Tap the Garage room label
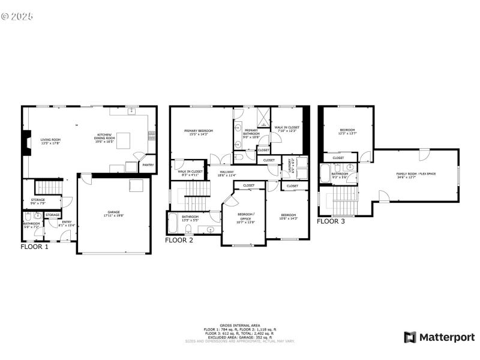coord(113,214)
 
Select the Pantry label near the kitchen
coord(148,165)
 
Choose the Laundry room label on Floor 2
coord(290,165)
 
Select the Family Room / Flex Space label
coord(416,176)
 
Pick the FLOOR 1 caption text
coord(35,246)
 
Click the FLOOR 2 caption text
coord(179,240)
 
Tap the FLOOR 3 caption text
coord(331,221)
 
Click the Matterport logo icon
coord(410,337)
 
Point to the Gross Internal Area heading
coord(240,325)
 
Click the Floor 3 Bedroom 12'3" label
coord(347,131)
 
